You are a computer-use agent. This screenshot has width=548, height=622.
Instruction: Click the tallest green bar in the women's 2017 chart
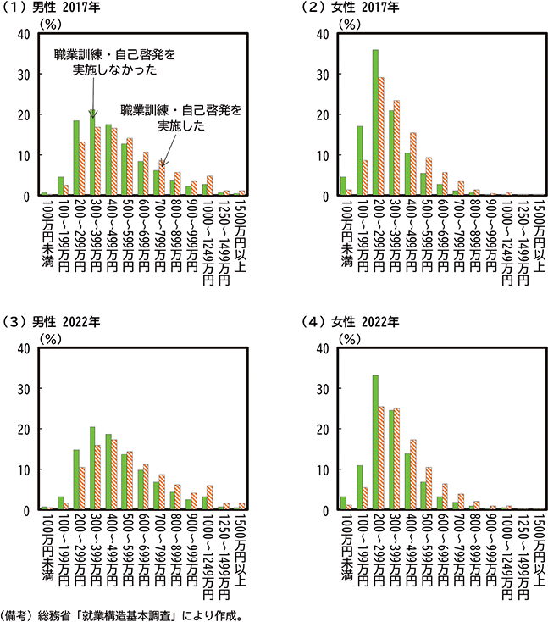[375, 123]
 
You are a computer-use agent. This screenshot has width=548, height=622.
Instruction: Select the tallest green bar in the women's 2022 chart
[375, 442]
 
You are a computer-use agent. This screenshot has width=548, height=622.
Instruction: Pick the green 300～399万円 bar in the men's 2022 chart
[91, 468]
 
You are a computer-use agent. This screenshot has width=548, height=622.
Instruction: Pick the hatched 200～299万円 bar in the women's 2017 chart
[381, 136]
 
